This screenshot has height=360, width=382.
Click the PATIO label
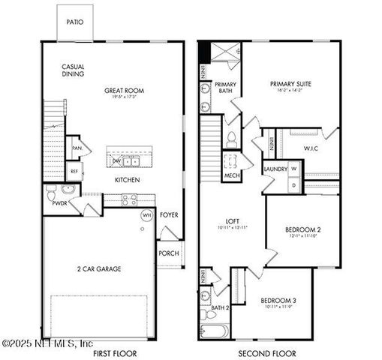pyautogui.click(x=74, y=22)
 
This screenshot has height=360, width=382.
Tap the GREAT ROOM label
pyautogui.click(x=124, y=91)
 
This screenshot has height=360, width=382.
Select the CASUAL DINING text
pyautogui.click(x=73, y=70)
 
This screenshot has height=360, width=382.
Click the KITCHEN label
pyautogui.click(x=126, y=180)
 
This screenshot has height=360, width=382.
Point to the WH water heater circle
pyautogui.click(x=148, y=215)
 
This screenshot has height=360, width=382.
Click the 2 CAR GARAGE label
pyautogui.click(x=98, y=268)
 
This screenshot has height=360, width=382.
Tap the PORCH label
pyautogui.click(x=169, y=253)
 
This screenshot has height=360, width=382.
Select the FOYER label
pyautogui.click(x=169, y=215)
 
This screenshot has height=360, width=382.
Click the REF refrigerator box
pyautogui.click(x=74, y=171)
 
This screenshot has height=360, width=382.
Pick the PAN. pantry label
pyautogui.click(x=77, y=148)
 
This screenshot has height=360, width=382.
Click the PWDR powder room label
pyautogui.click(x=60, y=202)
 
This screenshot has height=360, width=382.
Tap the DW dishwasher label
pyautogui.click(x=116, y=160)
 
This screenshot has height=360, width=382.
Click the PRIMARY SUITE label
pyautogui.click(x=290, y=84)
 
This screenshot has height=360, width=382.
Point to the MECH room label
pyautogui.click(x=231, y=177)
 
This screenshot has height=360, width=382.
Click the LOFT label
pyautogui.click(x=233, y=221)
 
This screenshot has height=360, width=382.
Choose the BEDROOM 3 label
pyautogui.click(x=278, y=301)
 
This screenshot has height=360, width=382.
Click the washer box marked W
pyautogui.click(x=294, y=169)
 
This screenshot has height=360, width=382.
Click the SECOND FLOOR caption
pyautogui.click(x=267, y=353)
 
